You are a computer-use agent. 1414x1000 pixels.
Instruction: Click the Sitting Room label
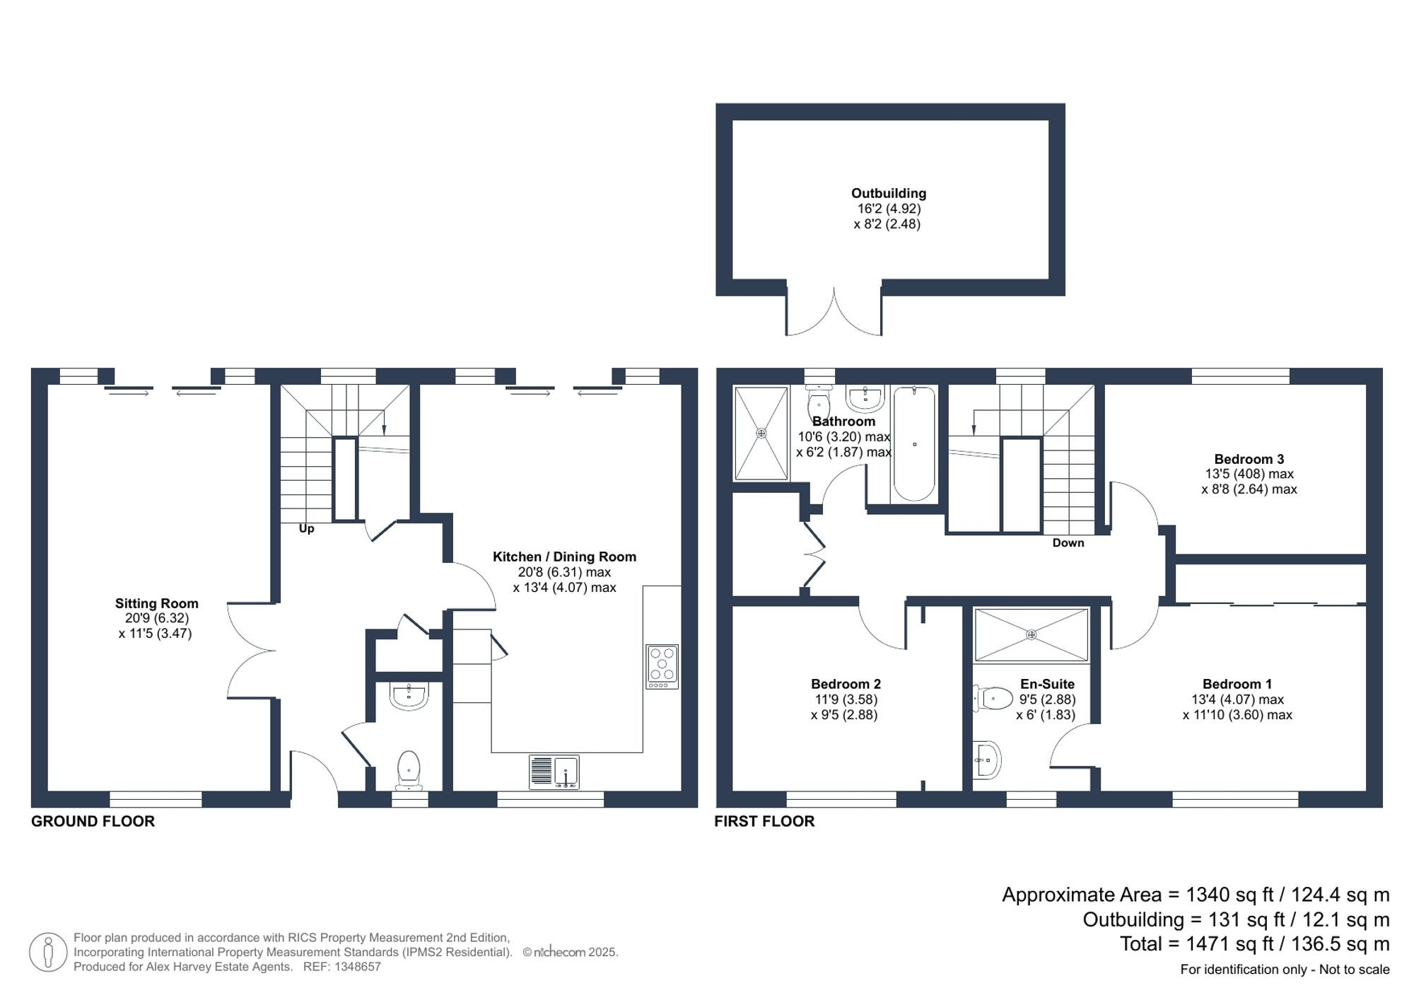pos(156,603)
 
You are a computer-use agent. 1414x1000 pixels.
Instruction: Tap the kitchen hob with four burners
pos(662,666)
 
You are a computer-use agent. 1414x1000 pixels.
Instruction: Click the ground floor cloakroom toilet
pos(409,769)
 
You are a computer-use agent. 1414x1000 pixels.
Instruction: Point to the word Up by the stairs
pos(306,528)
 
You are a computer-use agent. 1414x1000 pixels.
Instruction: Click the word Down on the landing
pos(1068,542)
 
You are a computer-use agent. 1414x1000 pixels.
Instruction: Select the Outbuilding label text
pos(888,193)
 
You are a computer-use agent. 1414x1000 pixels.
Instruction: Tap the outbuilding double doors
pos(834,315)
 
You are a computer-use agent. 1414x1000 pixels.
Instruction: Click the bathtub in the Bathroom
pos(914,443)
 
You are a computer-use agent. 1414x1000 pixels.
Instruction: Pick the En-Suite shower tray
pos(1031,634)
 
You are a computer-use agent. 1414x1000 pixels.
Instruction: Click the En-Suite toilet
pos(993,699)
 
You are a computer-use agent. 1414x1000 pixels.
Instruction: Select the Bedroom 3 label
pos(1249,459)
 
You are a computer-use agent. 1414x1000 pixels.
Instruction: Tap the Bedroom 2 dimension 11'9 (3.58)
pos(846,699)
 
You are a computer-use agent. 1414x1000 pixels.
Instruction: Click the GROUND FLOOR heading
pos(93,821)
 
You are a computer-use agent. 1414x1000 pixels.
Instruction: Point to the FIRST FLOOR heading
pos(764,821)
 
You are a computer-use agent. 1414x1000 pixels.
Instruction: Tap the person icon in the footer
pos(48,951)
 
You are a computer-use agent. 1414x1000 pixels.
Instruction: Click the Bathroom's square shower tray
pos(761,433)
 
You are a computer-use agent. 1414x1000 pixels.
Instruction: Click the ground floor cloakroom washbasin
pos(409,696)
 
